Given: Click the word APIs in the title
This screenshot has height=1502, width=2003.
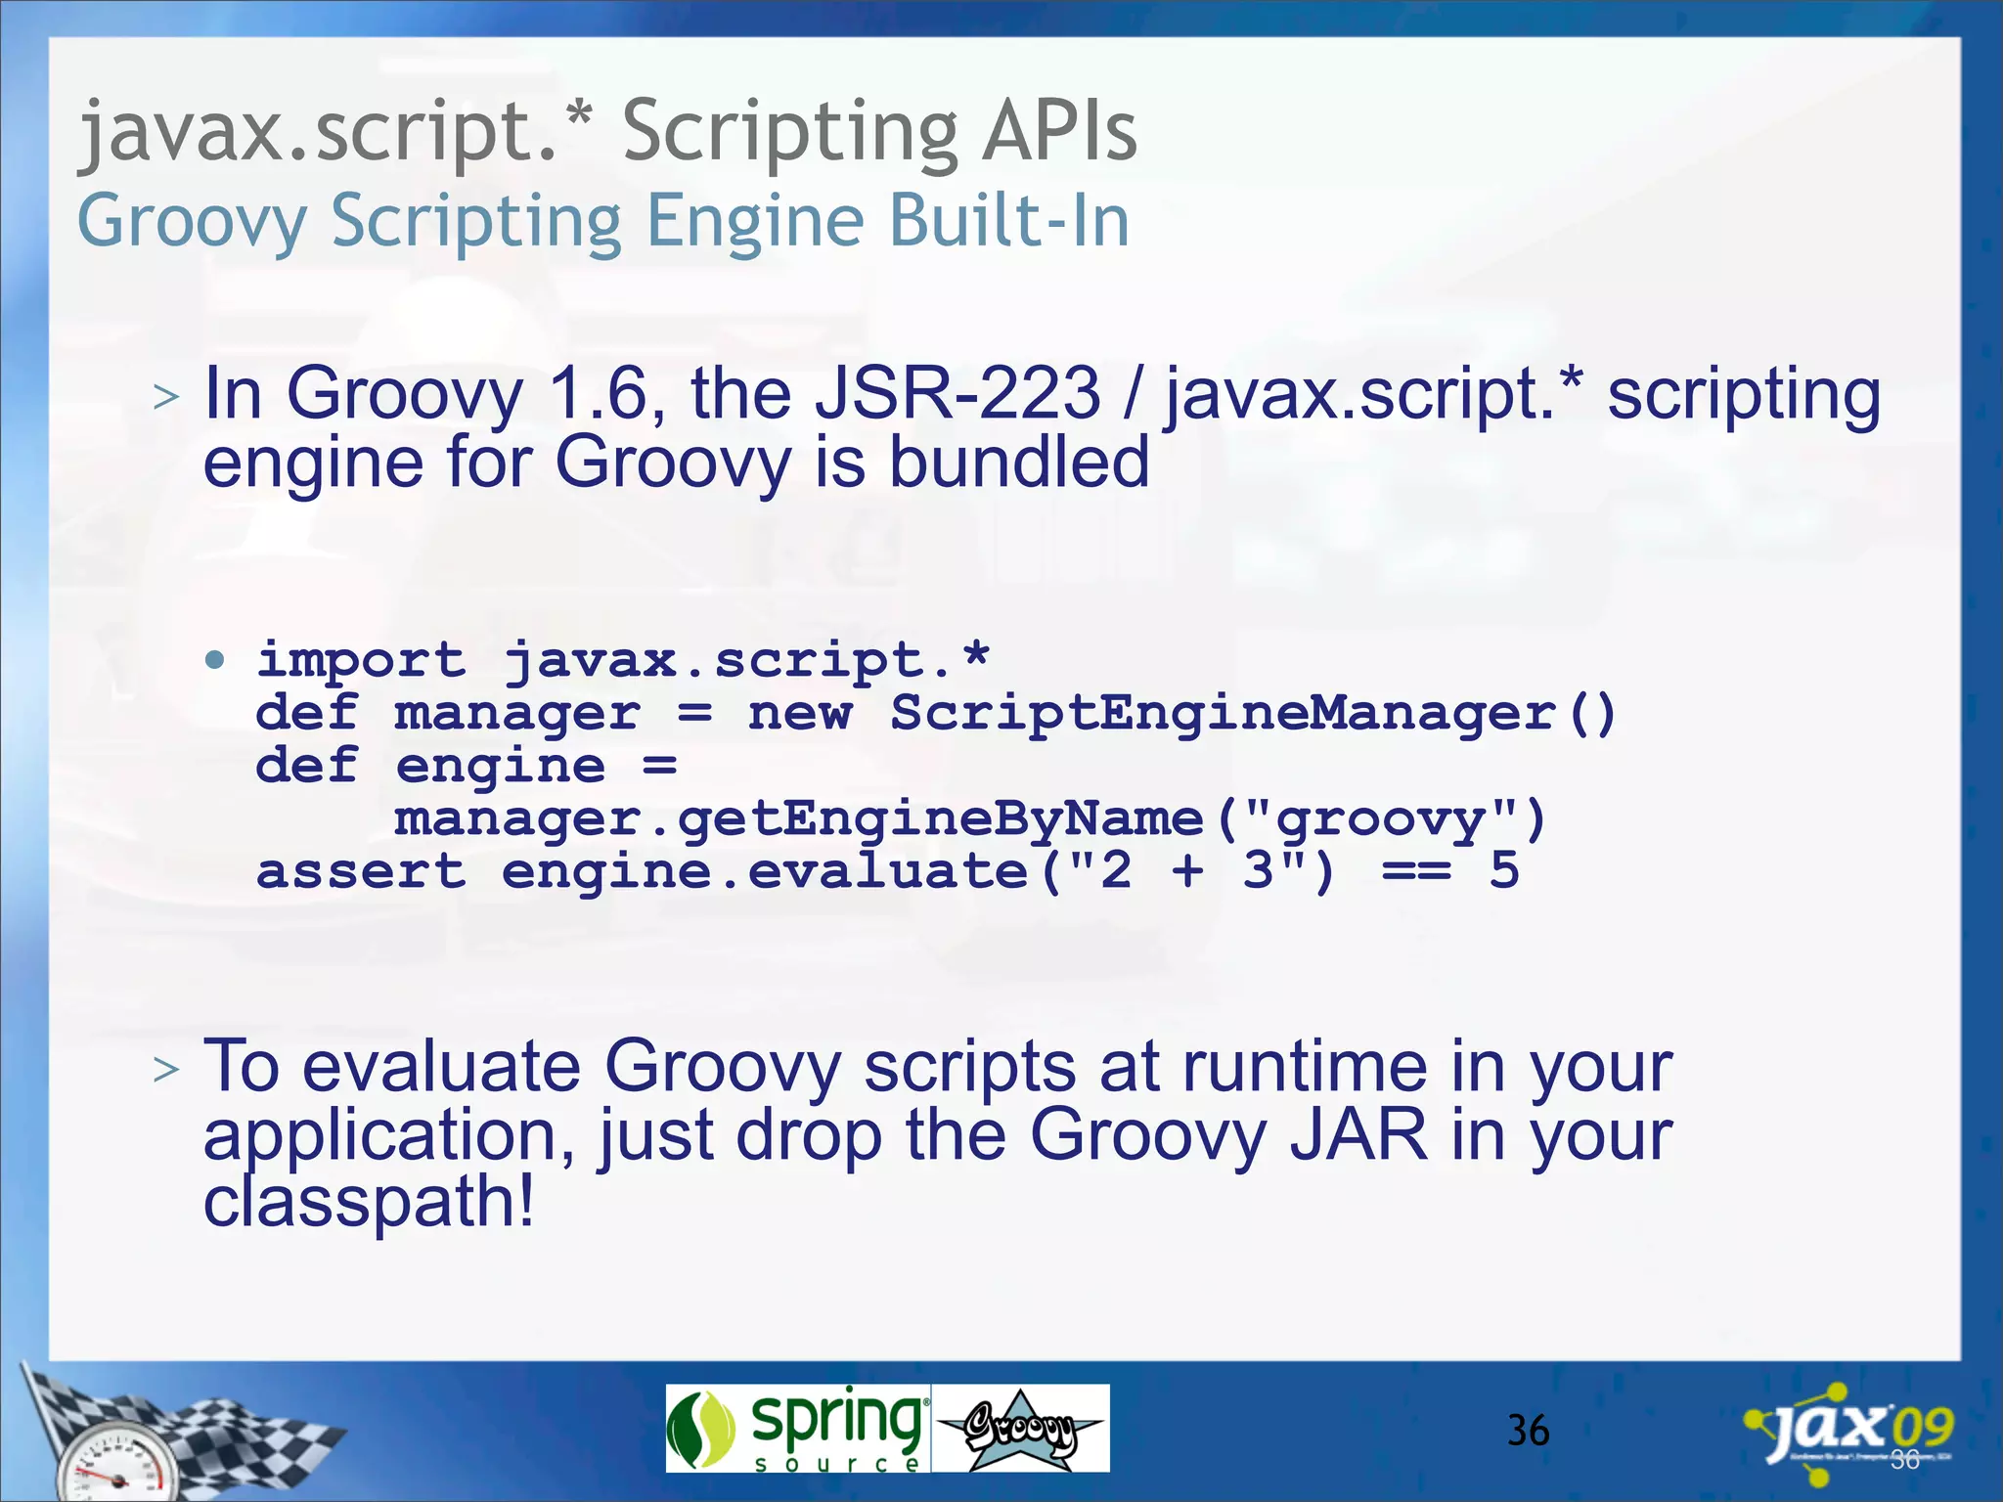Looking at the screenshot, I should click(x=1060, y=131).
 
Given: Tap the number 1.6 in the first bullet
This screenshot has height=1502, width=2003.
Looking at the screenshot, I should click(x=600, y=394).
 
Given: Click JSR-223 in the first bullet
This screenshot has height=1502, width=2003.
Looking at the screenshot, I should click(x=957, y=394).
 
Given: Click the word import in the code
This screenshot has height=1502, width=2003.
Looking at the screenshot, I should click(x=360, y=660).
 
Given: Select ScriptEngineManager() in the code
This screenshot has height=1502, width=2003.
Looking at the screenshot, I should click(x=1252, y=713).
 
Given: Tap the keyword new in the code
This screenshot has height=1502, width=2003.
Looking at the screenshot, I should click(x=799, y=714).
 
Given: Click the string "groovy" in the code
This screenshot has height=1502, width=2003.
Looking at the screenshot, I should click(x=1380, y=818).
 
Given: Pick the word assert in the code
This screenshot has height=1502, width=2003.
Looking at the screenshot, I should click(x=360, y=871).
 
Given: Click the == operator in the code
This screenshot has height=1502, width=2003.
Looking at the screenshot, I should click(x=1415, y=870).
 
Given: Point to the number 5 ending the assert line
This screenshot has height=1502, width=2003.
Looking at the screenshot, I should click(x=1503, y=870).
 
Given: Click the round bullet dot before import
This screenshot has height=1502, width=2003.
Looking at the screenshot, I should click(x=215, y=660).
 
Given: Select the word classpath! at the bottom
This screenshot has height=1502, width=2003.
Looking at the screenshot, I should click(x=369, y=1202).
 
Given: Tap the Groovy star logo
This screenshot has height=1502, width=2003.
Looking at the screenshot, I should click(x=1020, y=1430).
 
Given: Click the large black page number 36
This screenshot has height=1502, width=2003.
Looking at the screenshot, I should click(x=1528, y=1431).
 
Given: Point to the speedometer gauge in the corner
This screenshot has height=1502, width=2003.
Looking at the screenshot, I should click(x=117, y=1467).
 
